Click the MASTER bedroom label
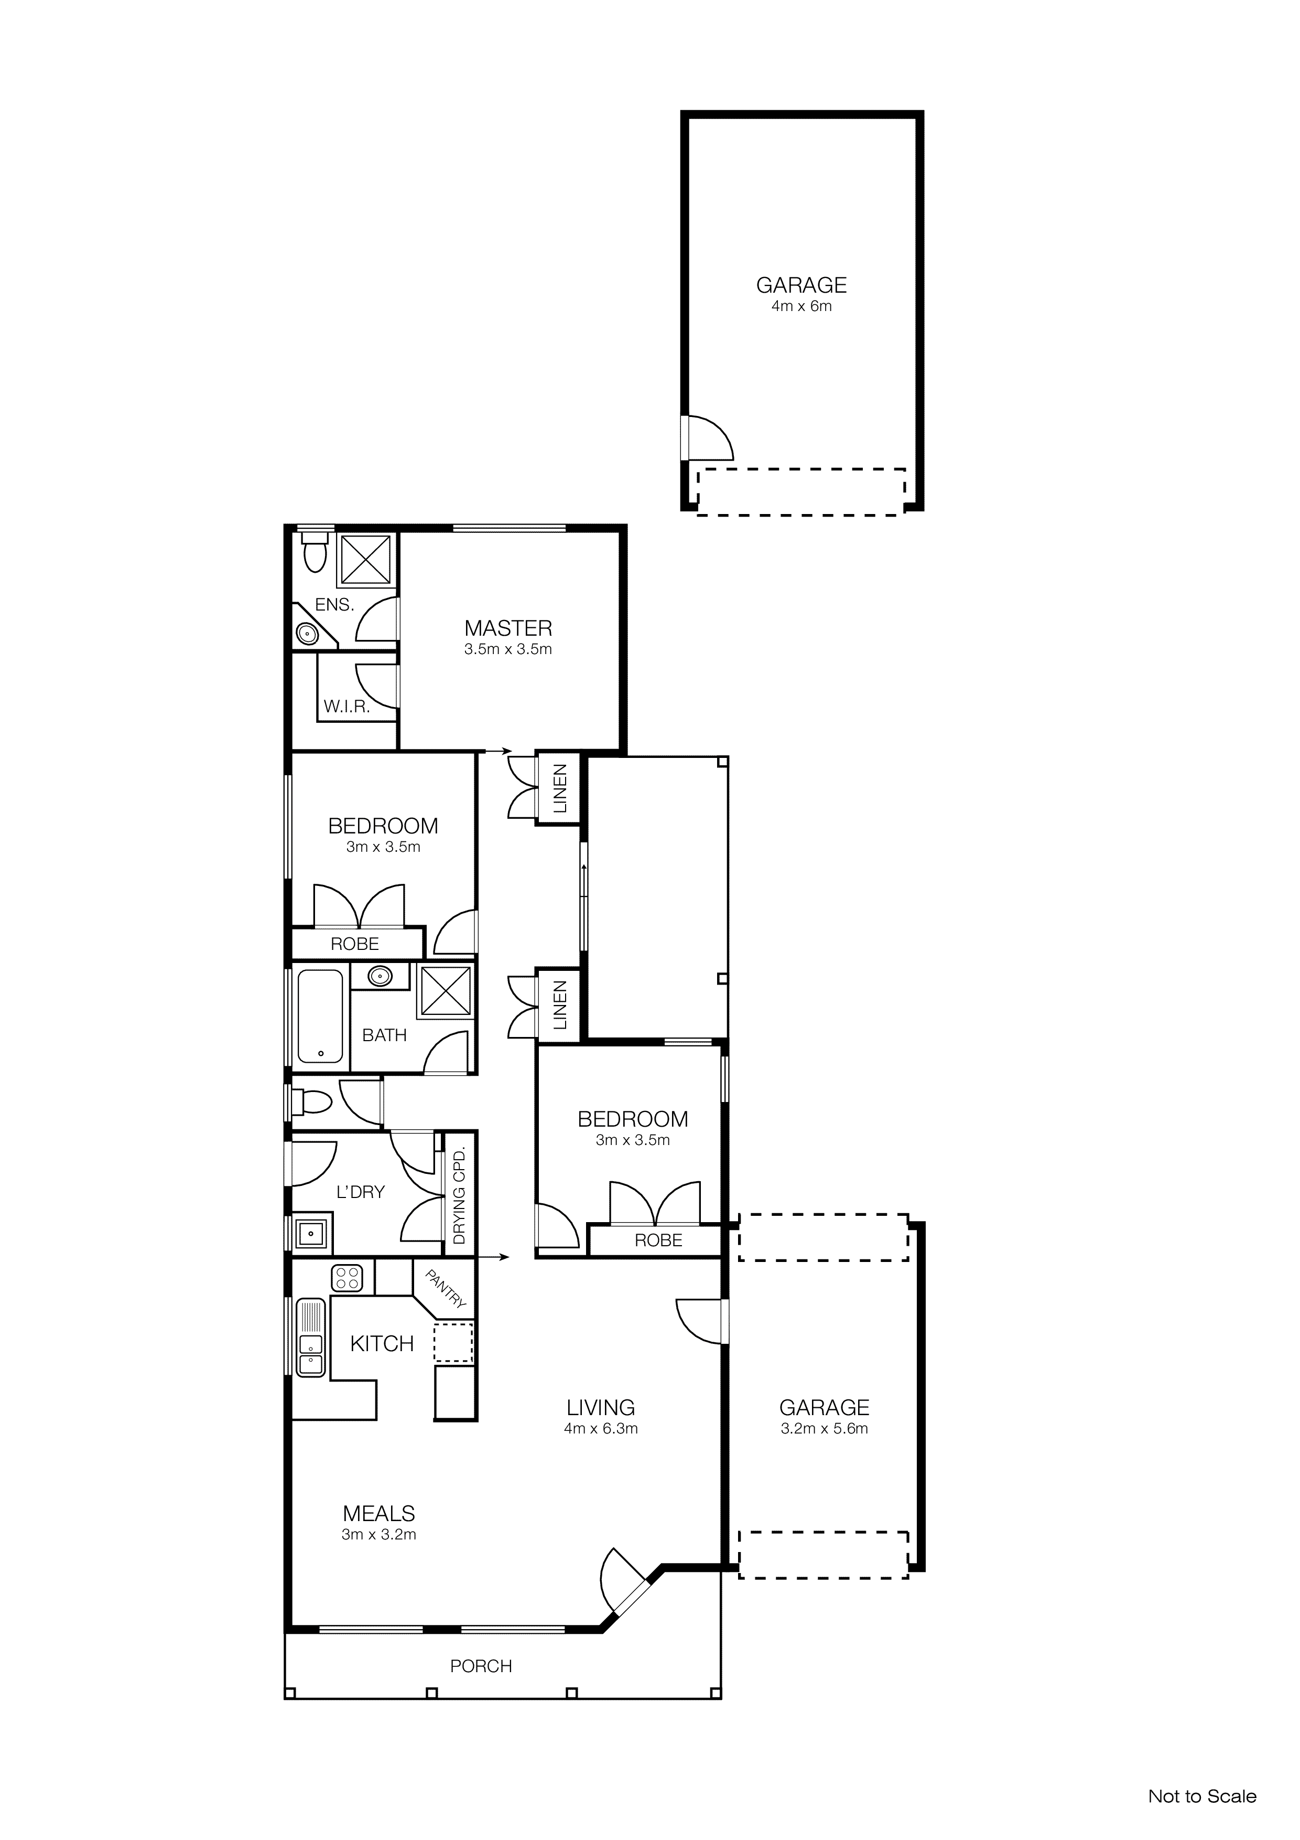click(508, 628)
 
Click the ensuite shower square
click(366, 559)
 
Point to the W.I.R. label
click(346, 707)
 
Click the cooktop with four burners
click(348, 1278)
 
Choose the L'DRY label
click(361, 1192)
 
